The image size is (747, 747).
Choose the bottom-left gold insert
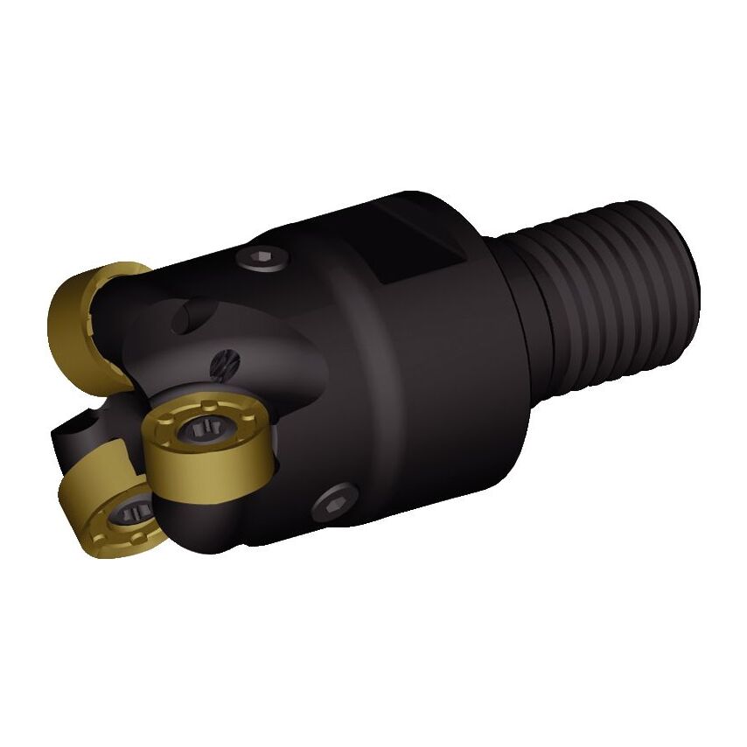111,499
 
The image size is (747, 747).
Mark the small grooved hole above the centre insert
224,360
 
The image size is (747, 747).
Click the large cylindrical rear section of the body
420,367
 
